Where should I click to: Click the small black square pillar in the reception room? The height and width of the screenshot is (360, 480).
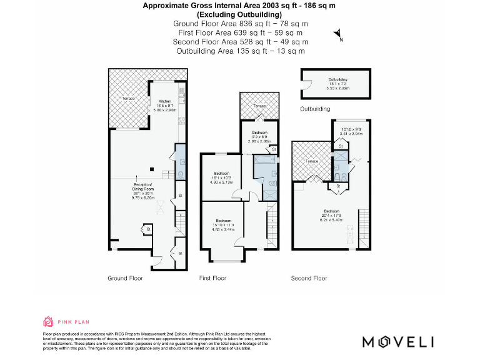[x=151, y=167]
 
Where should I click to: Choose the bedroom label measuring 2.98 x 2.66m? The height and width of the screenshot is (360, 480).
[x=259, y=137]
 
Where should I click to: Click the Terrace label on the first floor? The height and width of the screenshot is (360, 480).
[x=259, y=106]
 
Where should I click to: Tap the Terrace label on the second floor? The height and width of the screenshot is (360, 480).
[x=312, y=161]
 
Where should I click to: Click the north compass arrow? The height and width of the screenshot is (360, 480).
[x=338, y=34]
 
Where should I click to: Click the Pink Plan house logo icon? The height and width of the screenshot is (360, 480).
[x=48, y=322]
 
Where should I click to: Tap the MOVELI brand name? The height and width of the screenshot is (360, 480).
[x=399, y=341]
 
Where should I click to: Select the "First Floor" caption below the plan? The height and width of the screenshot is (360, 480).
[x=212, y=278]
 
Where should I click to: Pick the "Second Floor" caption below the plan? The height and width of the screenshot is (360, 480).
[x=309, y=278]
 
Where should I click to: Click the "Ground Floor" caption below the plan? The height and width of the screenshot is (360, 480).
[x=126, y=278]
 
